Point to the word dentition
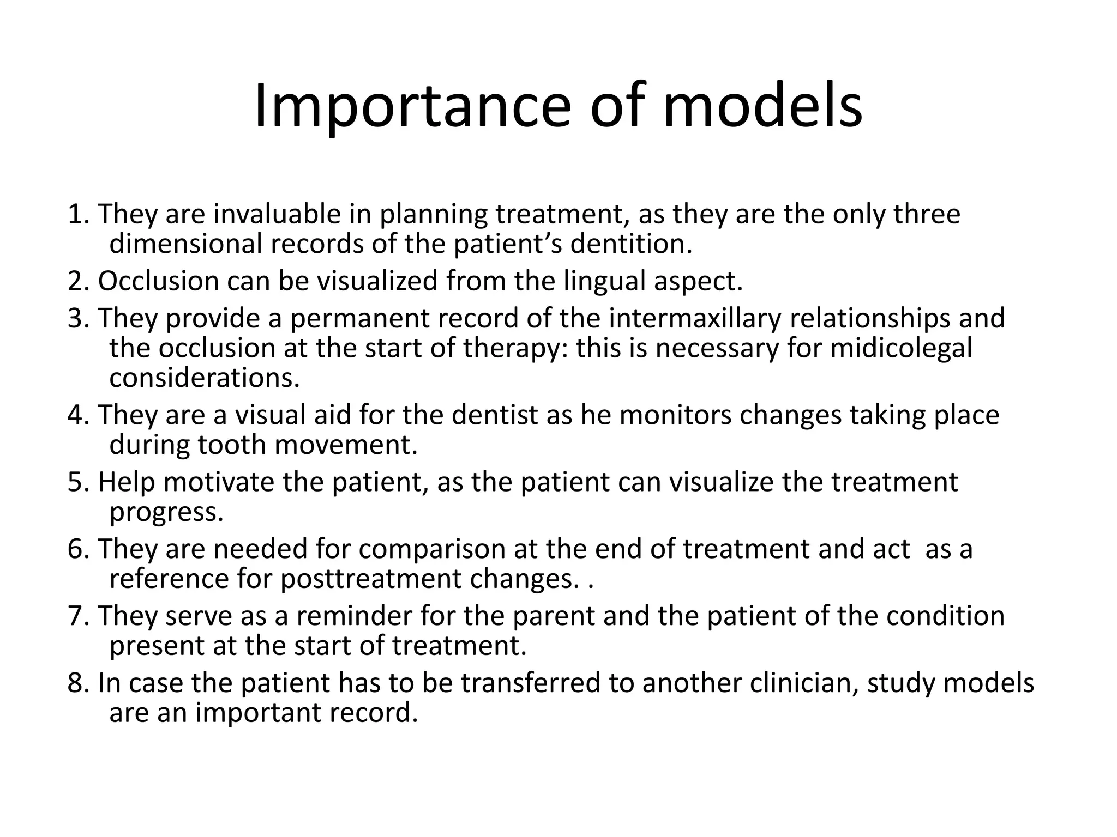pos(631,244)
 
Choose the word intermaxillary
pos(695,318)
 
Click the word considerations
pos(205,378)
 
